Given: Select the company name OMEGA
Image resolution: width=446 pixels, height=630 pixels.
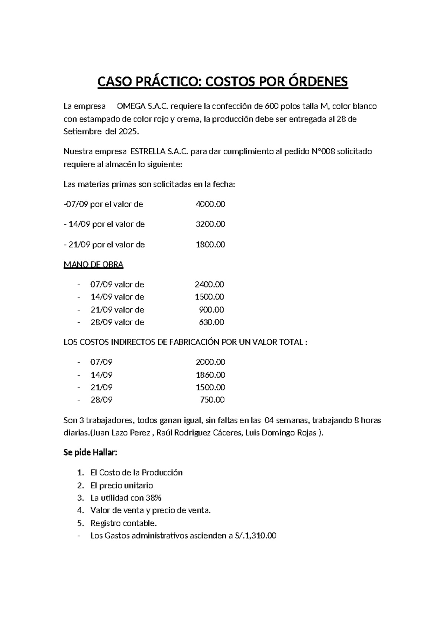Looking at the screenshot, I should pyautogui.click(x=131, y=106).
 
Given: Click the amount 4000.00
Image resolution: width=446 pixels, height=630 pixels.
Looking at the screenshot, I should pyautogui.click(x=210, y=204).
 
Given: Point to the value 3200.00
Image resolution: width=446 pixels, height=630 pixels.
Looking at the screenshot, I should pyautogui.click(x=210, y=224).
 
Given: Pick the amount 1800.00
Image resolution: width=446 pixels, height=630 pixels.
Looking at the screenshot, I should pyautogui.click(x=210, y=244).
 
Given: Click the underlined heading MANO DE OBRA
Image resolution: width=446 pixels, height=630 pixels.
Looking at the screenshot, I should pyautogui.click(x=93, y=264).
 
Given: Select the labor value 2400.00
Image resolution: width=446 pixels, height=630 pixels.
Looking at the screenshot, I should pyautogui.click(x=209, y=285).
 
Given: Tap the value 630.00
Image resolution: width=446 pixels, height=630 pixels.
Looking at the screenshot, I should pyautogui.click(x=211, y=322).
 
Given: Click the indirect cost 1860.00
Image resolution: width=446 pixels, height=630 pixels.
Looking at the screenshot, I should pyautogui.click(x=210, y=374).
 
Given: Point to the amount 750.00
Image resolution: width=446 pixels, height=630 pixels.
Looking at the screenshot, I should pyautogui.click(x=212, y=400).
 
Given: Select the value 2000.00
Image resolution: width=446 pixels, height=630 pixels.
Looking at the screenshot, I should pyautogui.click(x=210, y=362).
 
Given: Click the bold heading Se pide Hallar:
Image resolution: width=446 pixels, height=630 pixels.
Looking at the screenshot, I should pyautogui.click(x=90, y=452).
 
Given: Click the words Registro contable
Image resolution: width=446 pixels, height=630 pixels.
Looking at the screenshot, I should pyautogui.click(x=123, y=523).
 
